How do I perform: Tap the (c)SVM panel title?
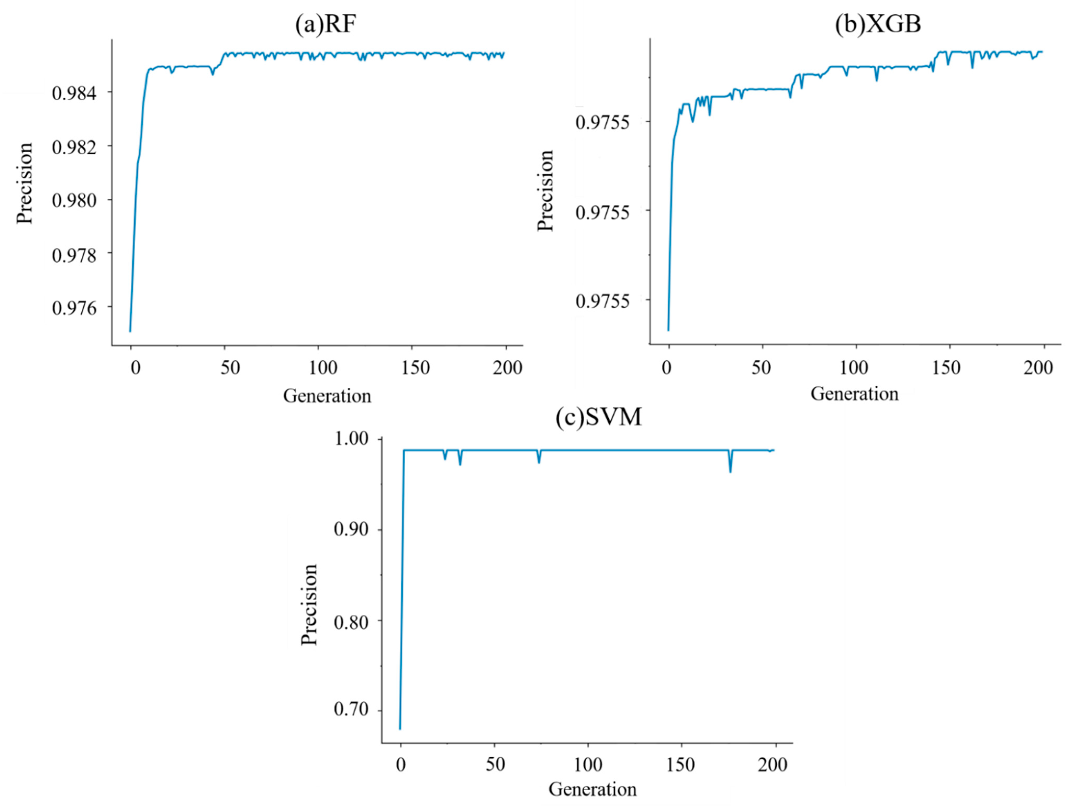pos(598,418)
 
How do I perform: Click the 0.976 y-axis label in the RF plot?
pos(74,308)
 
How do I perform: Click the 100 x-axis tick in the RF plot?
pos(323,368)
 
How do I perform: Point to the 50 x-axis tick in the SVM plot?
pos(495,764)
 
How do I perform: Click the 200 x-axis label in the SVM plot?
pos(773,764)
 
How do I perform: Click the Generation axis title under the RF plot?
pos(327,396)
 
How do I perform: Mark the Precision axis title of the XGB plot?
pos(545,191)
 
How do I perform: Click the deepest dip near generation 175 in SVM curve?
pos(730,471)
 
